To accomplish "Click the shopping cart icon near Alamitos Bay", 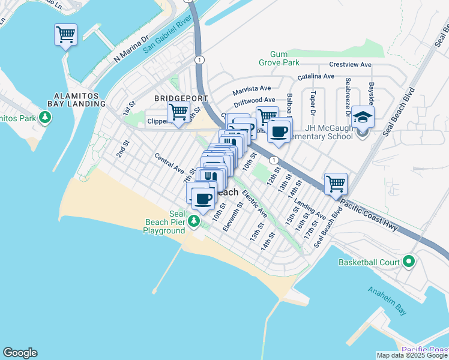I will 65,35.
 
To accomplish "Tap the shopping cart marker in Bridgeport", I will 178,112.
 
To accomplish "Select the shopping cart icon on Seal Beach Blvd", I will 336,184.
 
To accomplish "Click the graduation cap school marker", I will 363,116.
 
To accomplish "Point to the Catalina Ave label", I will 316,76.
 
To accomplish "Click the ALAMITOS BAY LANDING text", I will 80,100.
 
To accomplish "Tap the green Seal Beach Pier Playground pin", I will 193,222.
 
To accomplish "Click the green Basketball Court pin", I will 409,262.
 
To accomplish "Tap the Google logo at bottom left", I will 20,353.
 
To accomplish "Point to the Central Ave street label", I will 168,163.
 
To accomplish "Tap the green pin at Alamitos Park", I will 44,116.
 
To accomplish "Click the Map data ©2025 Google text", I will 412,355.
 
